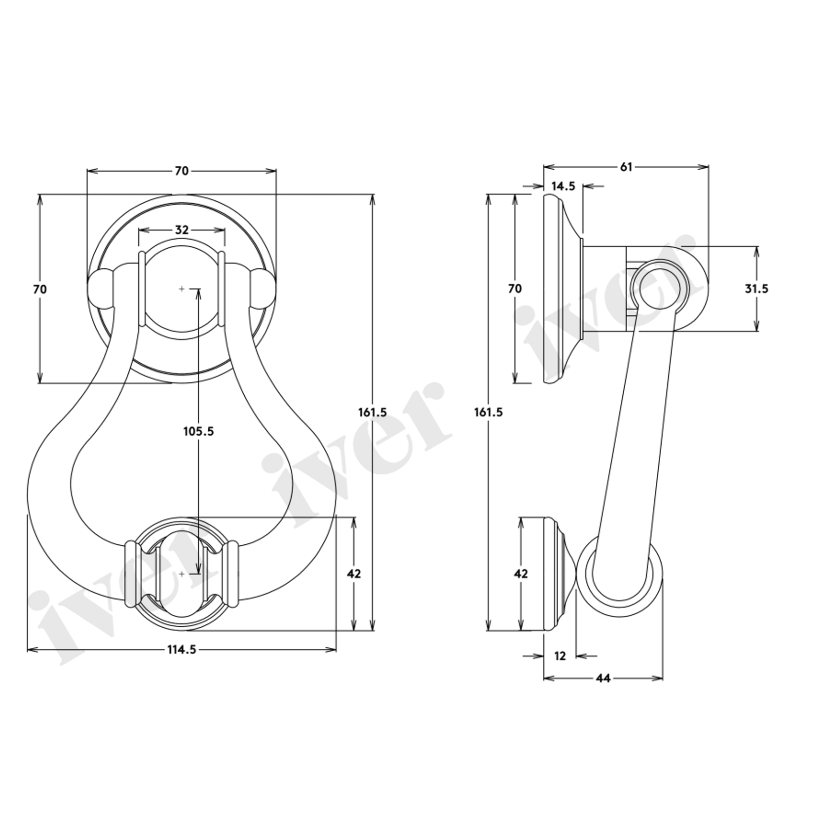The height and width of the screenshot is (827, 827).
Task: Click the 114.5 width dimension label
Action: tap(182, 650)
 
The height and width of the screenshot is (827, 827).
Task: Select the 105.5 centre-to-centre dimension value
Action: tap(198, 431)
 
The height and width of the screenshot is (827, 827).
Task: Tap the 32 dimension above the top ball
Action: tap(182, 230)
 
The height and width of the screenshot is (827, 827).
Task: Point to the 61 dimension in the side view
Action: tap(626, 167)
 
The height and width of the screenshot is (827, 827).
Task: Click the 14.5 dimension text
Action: tap(563, 186)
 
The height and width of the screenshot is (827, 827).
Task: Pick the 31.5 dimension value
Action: tap(756, 289)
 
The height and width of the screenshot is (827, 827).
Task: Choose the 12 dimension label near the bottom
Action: tap(560, 656)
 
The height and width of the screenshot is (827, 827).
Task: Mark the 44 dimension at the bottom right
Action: tap(603, 678)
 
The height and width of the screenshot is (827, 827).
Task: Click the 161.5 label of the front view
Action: tap(373, 412)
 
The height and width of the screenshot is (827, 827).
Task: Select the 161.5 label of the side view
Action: tap(489, 412)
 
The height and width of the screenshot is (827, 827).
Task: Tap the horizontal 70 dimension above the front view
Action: tap(182, 171)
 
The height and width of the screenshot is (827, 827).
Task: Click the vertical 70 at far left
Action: tap(40, 289)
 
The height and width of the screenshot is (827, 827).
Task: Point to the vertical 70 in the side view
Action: tap(515, 289)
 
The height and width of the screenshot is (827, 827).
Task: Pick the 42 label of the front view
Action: tap(354, 574)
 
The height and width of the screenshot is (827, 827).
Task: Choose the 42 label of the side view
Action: tap(521, 574)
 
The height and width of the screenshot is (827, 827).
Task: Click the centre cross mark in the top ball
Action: tap(182, 289)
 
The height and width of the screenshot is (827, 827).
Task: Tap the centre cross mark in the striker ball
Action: tap(182, 574)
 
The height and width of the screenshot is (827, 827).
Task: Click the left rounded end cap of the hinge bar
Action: tap(100, 289)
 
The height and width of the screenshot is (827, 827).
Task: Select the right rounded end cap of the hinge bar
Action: tap(263, 289)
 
